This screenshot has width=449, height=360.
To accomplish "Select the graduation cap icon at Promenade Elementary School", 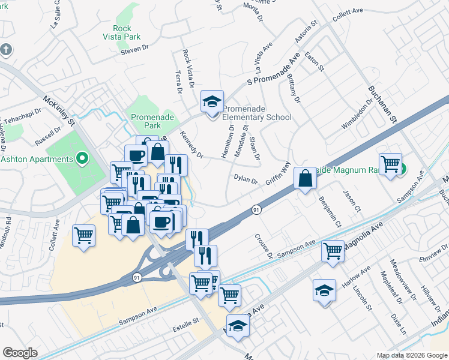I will pos(212,102).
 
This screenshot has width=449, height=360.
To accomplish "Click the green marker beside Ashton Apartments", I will pos(83,160).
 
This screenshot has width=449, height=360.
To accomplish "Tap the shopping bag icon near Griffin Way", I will pos(306,178).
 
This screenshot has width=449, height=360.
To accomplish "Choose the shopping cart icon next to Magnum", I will pos(391,164).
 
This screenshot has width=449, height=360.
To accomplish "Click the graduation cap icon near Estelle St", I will pos(238,326).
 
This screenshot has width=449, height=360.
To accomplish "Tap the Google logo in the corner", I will pos(20,353).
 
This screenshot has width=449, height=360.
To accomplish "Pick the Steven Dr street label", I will pos(135,52).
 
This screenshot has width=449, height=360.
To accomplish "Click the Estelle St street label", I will pos(185,322).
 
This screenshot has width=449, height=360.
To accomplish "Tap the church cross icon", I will pos(5,49).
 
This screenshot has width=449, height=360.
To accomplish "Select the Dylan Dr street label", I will pos(246,179).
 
